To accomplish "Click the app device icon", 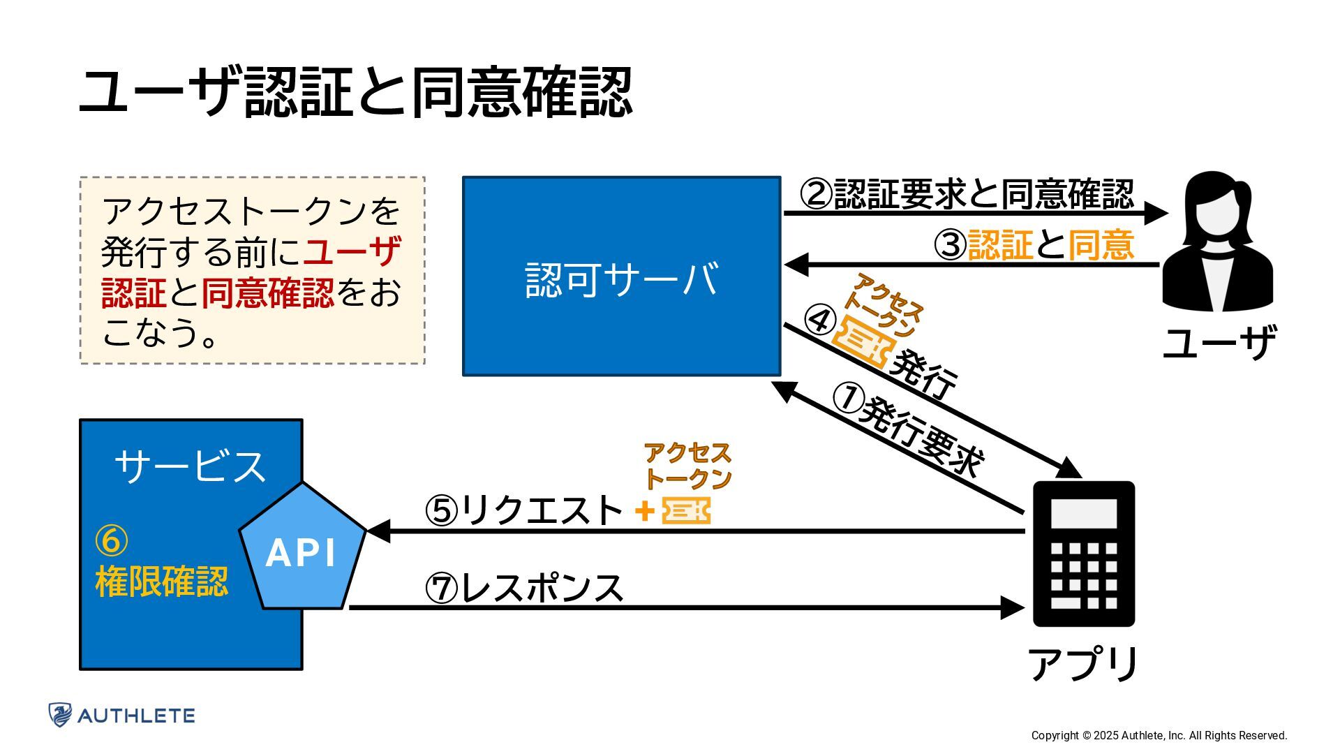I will click(x=1084, y=553).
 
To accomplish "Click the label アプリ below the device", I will click(x=1083, y=664).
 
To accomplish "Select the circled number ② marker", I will click(x=816, y=194).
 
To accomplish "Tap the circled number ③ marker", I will click(x=950, y=245).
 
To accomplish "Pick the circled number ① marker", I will click(x=849, y=398).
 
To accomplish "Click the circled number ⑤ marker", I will click(x=442, y=511).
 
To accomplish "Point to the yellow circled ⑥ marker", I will click(x=112, y=540).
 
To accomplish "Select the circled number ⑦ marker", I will click(x=442, y=589).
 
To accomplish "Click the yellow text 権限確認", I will click(x=162, y=582).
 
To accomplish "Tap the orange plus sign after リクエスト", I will click(x=645, y=512).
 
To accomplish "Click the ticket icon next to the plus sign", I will click(x=686, y=511).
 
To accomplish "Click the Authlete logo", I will click(x=121, y=715).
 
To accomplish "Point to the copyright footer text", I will click(x=1159, y=735).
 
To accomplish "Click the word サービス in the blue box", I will click(x=191, y=466).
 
